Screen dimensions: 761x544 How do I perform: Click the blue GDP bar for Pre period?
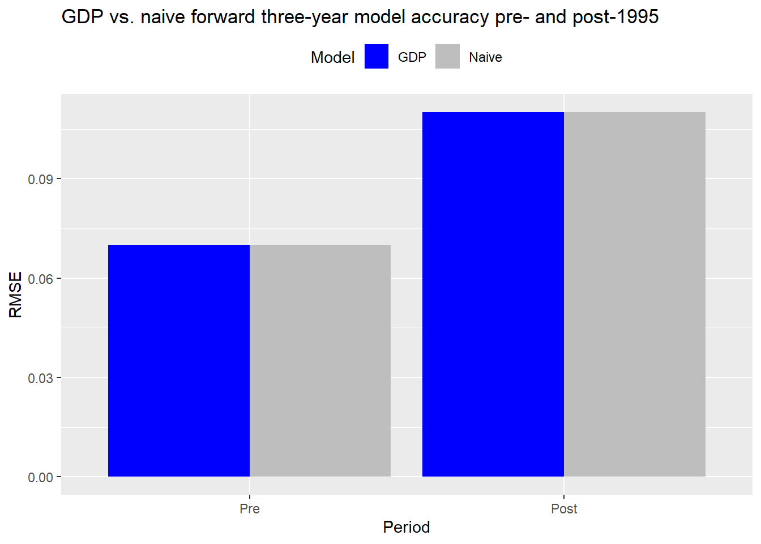pos(179,361)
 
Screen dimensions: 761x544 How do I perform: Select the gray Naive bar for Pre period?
pos(320,361)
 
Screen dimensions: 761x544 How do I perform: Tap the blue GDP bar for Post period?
pos(493,295)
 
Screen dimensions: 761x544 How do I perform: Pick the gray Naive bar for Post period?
pos(635,295)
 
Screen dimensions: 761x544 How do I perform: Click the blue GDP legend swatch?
pos(377,57)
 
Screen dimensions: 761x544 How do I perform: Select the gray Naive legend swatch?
pos(447,57)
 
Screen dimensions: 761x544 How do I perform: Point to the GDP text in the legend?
pos(412,57)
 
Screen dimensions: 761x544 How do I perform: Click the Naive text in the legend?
pos(485,57)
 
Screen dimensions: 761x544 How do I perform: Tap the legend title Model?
pos(332,57)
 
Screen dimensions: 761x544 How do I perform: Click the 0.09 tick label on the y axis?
pos(40,179)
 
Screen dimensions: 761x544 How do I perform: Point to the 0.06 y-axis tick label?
pos(40,279)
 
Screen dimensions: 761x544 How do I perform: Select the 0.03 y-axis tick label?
pos(40,378)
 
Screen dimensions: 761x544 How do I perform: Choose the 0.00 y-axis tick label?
pos(40,477)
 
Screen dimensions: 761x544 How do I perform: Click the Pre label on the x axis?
pos(250,509)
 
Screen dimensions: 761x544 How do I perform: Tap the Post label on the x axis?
pos(564,509)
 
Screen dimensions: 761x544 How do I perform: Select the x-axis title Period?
pos(407,528)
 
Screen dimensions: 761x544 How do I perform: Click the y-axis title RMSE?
pos(15,295)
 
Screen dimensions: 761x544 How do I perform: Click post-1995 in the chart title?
pos(615,17)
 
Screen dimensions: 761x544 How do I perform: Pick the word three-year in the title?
pos(305,17)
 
